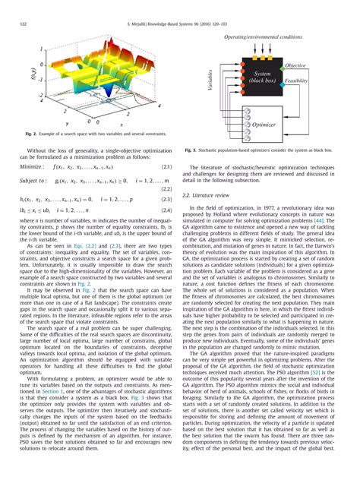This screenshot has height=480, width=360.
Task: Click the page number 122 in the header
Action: pos(22,25)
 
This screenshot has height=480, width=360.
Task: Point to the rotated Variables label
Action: pos(211,79)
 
